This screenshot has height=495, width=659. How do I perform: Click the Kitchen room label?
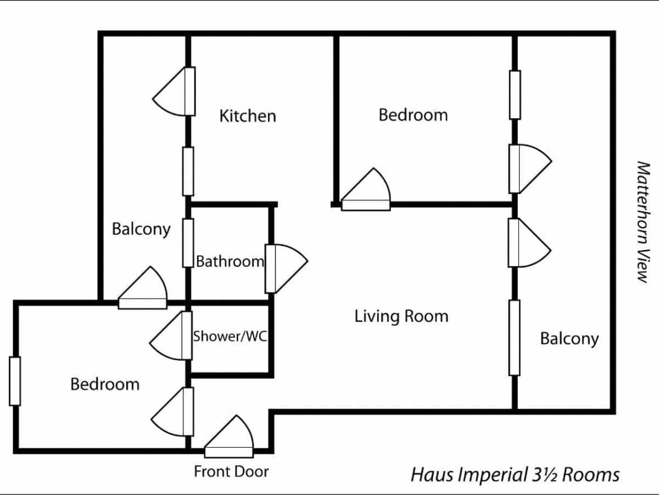point(248,116)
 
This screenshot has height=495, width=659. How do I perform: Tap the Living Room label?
point(401,316)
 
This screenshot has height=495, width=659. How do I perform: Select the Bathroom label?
point(230,261)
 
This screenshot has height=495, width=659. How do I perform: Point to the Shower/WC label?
point(230,336)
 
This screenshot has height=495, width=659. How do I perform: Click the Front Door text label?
point(231,471)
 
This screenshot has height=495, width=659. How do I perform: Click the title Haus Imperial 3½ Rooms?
point(515,474)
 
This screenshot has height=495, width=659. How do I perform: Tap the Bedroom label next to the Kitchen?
point(413,115)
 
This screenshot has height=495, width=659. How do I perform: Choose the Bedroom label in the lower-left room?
point(105,384)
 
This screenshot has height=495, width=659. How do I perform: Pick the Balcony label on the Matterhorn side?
point(569,338)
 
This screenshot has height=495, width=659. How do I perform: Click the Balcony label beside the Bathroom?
point(141,229)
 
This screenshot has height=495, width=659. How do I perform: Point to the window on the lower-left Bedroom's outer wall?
point(15,381)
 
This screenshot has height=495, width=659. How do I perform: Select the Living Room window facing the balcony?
point(514,337)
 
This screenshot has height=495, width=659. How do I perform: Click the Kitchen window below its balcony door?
point(188,171)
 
